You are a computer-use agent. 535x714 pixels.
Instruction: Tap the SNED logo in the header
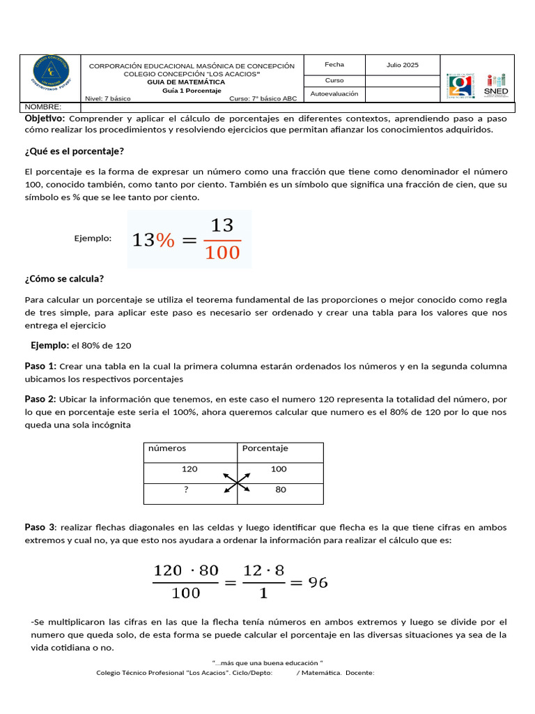click(x=496, y=85)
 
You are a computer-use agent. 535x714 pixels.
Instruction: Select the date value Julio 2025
click(x=403, y=65)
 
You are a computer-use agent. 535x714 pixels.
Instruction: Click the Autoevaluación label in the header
click(x=334, y=93)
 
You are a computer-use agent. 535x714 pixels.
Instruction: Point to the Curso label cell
click(x=334, y=80)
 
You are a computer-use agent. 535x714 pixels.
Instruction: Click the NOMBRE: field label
click(x=43, y=107)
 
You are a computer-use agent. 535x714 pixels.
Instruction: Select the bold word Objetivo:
click(x=45, y=119)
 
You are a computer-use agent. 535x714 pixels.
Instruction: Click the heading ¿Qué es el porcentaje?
click(x=75, y=151)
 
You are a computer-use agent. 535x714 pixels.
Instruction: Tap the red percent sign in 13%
click(x=165, y=240)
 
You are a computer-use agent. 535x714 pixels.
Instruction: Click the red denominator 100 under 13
click(x=222, y=252)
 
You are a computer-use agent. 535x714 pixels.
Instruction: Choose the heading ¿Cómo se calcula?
click(x=64, y=279)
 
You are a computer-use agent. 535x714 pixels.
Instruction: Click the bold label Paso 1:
click(x=40, y=366)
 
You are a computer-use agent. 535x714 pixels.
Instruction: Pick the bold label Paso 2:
click(x=40, y=399)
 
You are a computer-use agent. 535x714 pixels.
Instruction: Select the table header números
click(x=167, y=448)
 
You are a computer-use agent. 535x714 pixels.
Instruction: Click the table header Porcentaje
click(x=265, y=448)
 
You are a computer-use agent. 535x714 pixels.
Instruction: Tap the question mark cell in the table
click(x=186, y=489)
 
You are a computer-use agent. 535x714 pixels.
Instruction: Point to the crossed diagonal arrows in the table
click(x=238, y=482)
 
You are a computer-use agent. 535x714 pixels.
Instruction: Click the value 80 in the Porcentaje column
click(x=281, y=489)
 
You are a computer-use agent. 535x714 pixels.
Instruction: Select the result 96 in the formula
click(x=318, y=582)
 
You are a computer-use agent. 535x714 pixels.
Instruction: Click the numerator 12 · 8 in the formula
click(x=264, y=570)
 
